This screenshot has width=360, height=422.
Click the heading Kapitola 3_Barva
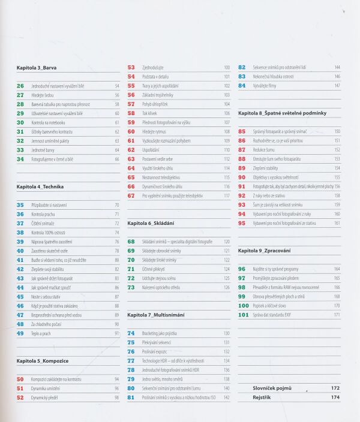(37, 68)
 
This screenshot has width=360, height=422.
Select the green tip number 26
(20, 86)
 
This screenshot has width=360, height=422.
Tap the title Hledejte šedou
(42, 95)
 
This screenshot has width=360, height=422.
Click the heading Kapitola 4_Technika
(40, 187)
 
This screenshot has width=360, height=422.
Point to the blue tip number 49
(20, 333)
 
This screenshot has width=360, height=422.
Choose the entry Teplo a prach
(42, 333)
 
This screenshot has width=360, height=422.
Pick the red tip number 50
(20, 379)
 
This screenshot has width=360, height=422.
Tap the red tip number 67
(131, 196)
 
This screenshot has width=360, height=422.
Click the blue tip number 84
(242, 86)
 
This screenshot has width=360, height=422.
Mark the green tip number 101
(243, 315)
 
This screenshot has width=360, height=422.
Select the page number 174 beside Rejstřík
(335, 397)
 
